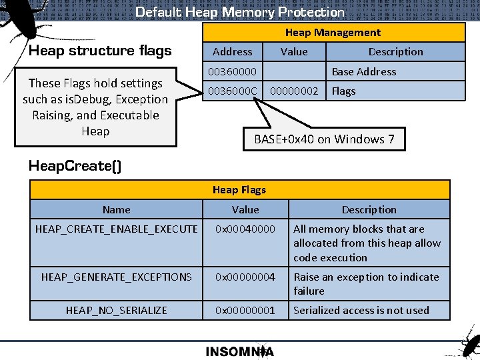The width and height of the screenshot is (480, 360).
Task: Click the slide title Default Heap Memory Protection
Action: pyautogui.click(x=240, y=12)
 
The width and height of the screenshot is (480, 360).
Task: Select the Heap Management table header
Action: pyautogui.click(x=333, y=33)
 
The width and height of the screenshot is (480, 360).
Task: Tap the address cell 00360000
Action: pyautogui.click(x=232, y=71)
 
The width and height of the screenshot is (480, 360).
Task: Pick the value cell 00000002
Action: pyautogui.click(x=294, y=91)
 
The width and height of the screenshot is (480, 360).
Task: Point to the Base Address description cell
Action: pyautogui.click(x=363, y=71)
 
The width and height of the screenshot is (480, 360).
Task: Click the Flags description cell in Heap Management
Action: pyautogui.click(x=344, y=91)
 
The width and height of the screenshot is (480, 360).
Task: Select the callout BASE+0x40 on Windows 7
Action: pyautogui.click(x=324, y=139)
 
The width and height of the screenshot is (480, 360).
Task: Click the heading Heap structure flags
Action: pyautogui.click(x=100, y=51)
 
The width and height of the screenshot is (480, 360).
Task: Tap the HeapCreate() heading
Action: pyautogui.click(x=75, y=166)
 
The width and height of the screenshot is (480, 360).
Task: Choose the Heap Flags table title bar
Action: pyautogui.click(x=239, y=190)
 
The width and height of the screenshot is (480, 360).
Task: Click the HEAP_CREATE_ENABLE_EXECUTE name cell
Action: pyautogui.click(x=117, y=229)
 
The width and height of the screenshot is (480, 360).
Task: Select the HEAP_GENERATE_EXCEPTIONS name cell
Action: pyautogui.click(x=117, y=277)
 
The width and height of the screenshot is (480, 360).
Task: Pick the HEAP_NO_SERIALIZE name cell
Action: pyautogui.click(x=117, y=310)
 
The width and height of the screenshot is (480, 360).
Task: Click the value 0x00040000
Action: pyautogui.click(x=245, y=229)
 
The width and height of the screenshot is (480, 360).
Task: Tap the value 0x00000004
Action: pyautogui.click(x=245, y=277)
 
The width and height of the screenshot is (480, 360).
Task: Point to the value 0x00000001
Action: pyautogui.click(x=245, y=310)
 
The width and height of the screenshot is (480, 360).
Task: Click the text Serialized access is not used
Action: pyautogui.click(x=361, y=310)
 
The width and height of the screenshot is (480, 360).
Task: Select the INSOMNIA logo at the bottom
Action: pyautogui.click(x=239, y=351)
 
